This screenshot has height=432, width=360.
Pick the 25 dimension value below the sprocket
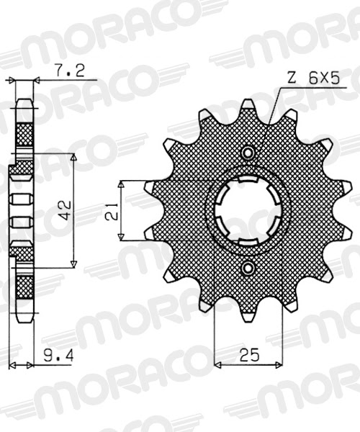(x=248, y=355)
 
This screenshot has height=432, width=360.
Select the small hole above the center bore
(x=248, y=153)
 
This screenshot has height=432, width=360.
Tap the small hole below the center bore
(x=248, y=269)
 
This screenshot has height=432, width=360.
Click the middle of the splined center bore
(x=248, y=211)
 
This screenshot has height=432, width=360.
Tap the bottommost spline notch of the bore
(x=248, y=241)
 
